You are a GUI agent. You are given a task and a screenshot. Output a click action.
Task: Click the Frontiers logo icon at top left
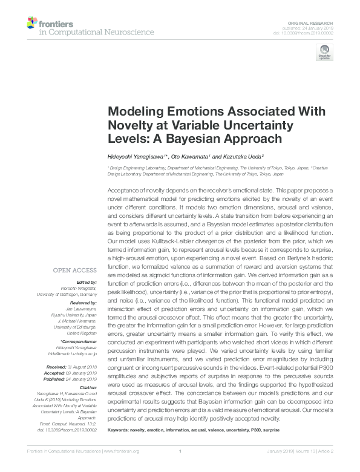(31, 23)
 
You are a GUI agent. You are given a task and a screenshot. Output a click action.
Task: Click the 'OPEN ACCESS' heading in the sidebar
(75, 270)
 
